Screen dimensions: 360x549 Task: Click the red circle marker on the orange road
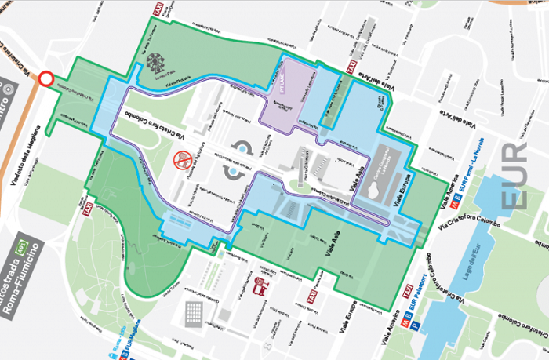[46, 78]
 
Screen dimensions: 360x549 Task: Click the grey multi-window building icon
[194, 314]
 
